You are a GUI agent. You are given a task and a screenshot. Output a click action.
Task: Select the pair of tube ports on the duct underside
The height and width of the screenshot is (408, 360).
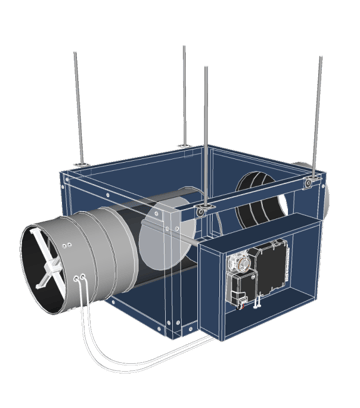pos(79,274)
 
